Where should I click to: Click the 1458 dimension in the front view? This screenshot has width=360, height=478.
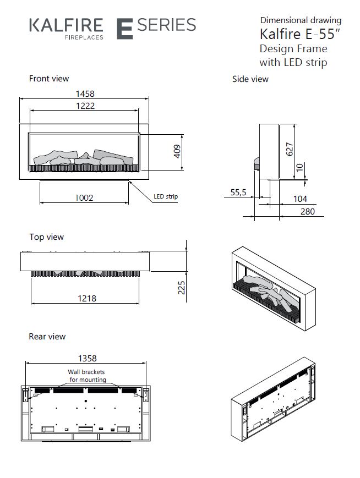[84, 94]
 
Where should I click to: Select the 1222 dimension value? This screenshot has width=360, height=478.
[84, 106]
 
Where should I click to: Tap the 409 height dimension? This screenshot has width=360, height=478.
[177, 151]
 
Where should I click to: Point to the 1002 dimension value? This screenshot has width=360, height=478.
[84, 197]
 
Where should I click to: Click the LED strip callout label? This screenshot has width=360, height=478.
[165, 196]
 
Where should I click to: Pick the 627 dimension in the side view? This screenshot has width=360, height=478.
[290, 149]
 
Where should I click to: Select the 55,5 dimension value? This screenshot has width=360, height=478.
[238, 193]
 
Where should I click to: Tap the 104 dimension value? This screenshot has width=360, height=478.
[300, 199]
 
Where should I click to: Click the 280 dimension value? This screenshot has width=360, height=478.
[308, 211]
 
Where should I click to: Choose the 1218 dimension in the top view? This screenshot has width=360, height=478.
[87, 298]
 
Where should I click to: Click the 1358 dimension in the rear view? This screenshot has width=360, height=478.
[87, 358]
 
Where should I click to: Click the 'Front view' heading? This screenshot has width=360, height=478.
[49, 79]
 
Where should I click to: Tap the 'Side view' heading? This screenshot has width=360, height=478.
[250, 79]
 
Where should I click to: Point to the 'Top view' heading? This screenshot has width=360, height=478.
[46, 237]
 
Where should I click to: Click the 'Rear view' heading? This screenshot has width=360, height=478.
[47, 336]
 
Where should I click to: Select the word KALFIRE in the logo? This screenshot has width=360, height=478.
[66, 25]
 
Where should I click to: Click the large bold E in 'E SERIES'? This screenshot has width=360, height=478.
[125, 28]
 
